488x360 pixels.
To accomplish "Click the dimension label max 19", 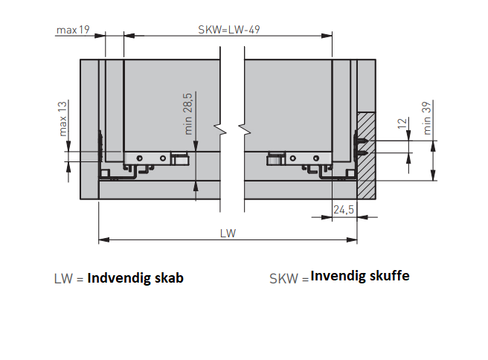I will pyautogui.click(x=72, y=30).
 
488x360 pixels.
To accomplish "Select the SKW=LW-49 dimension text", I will pyautogui.click(x=228, y=30).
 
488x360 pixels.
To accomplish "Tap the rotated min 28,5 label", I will pyautogui.click(x=189, y=113).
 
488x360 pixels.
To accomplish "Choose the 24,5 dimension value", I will pyautogui.click(x=344, y=210).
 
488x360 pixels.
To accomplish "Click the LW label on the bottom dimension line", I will pyautogui.click(x=228, y=233).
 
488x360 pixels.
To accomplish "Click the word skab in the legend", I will pyautogui.click(x=168, y=278).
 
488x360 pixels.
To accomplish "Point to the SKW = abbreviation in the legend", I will pyautogui.click(x=288, y=279).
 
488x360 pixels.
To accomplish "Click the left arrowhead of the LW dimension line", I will pyautogui.click(x=103, y=240).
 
